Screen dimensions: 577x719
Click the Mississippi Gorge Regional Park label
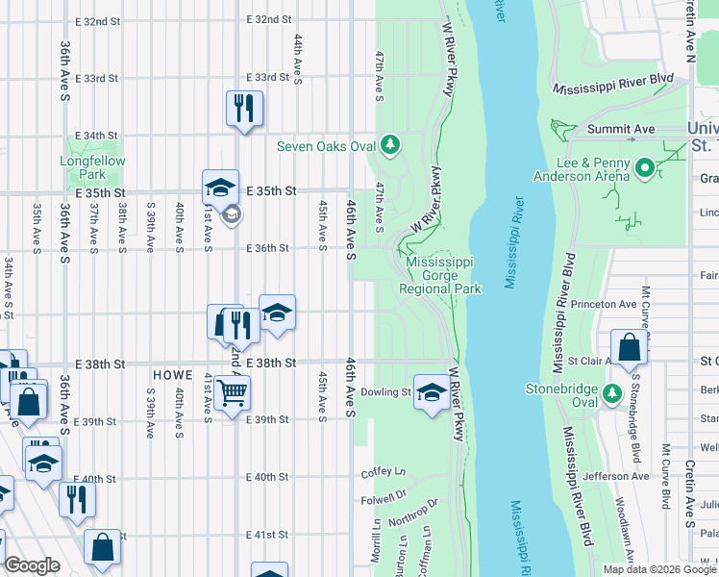[441, 275]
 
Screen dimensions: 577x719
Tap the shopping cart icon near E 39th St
[232, 392]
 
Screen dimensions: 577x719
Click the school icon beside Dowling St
[431, 390]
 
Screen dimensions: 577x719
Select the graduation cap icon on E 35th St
[220, 186]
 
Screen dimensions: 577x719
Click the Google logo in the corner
[32, 566]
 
